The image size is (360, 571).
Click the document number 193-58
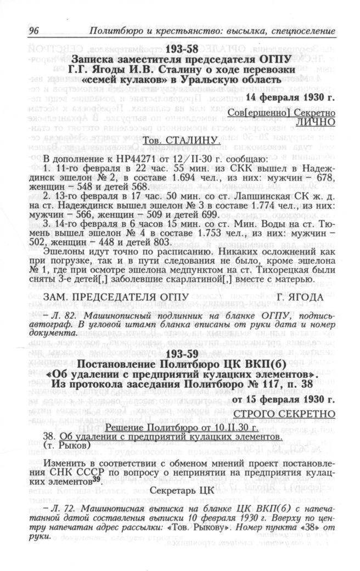[x=179, y=49]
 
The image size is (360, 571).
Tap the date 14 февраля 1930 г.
[x=290, y=98]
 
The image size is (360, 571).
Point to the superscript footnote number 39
[x=96, y=477]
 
